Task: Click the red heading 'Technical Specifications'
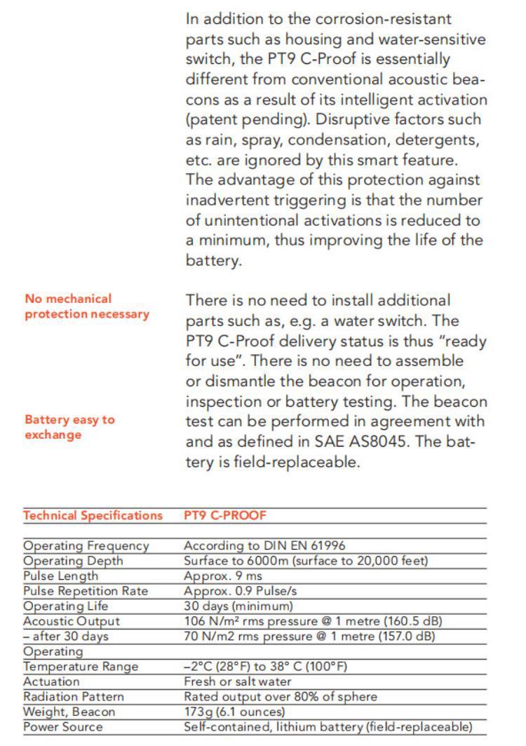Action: (x=93, y=516)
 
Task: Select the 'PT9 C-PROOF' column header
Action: (x=225, y=516)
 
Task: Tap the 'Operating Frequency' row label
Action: (x=86, y=545)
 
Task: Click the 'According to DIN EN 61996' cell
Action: (x=264, y=545)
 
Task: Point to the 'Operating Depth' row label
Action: (x=73, y=561)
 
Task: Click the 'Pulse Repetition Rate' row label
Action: (x=86, y=591)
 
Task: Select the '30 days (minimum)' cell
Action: (x=238, y=606)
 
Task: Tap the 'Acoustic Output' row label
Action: (x=72, y=621)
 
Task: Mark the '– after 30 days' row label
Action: (x=66, y=636)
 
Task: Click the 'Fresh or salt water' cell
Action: (x=238, y=681)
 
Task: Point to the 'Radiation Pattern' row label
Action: (x=74, y=697)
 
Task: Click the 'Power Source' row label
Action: (x=62, y=727)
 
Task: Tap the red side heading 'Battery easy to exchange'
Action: (x=69, y=427)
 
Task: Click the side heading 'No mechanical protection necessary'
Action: (x=87, y=306)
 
